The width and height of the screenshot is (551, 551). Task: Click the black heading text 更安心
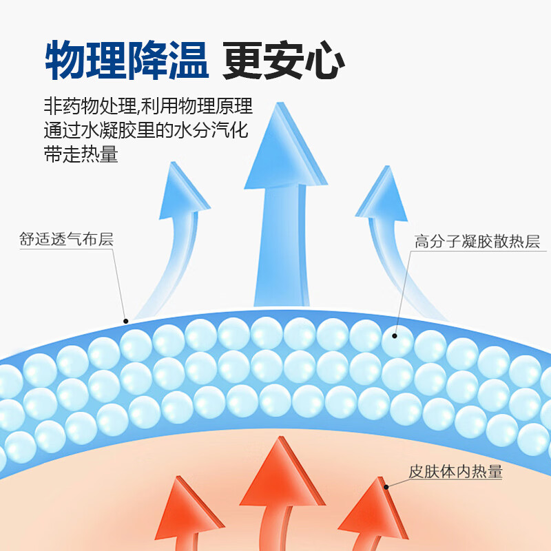click(283, 61)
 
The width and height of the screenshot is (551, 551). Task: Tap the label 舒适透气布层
click(66, 240)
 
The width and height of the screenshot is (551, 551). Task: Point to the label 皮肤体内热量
click(456, 472)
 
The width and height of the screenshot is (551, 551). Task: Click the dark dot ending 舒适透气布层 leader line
click(125, 320)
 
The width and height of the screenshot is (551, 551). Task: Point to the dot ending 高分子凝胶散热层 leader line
click(395, 336)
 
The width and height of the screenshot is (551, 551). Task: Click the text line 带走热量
click(81, 155)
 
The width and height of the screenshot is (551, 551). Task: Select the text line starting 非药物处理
click(147, 107)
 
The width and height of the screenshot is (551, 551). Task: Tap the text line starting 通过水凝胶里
click(145, 131)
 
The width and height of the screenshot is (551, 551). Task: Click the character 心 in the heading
click(324, 61)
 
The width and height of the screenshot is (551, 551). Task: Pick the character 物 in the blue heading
click(65, 61)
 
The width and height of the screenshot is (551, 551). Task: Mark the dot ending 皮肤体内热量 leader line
click(386, 487)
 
